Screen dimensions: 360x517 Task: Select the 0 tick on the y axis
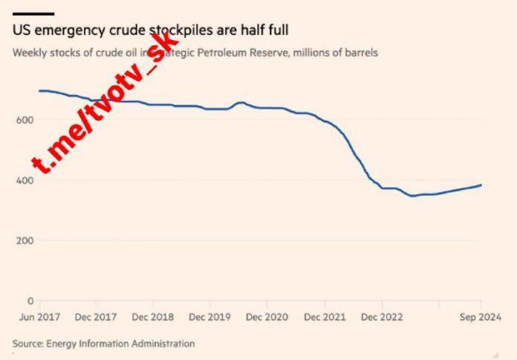click(30, 301)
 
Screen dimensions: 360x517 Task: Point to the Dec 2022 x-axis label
click(383, 316)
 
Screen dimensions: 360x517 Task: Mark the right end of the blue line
click(481, 185)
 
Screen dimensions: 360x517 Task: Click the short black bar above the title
click(33, 13)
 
